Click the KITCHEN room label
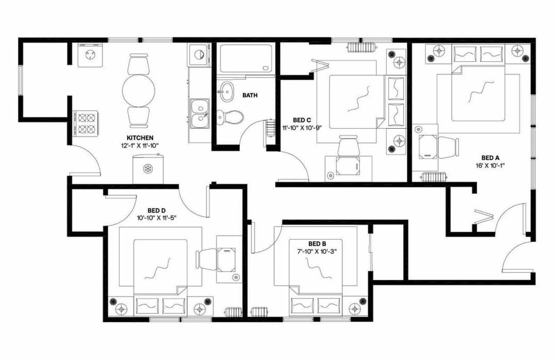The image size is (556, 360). click(x=140, y=138)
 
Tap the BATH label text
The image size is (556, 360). click(x=250, y=95)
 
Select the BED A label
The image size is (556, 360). click(x=490, y=158)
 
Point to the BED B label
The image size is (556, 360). click(x=317, y=243)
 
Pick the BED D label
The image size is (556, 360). click(x=156, y=210)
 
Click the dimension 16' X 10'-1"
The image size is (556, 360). click(x=490, y=166)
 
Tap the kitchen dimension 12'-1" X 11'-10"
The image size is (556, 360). click(x=140, y=146)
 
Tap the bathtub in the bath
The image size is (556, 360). click(x=245, y=59)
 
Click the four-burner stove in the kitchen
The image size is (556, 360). click(x=86, y=123)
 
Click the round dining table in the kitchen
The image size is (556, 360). click(x=138, y=90)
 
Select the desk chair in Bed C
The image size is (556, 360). click(x=348, y=145)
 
